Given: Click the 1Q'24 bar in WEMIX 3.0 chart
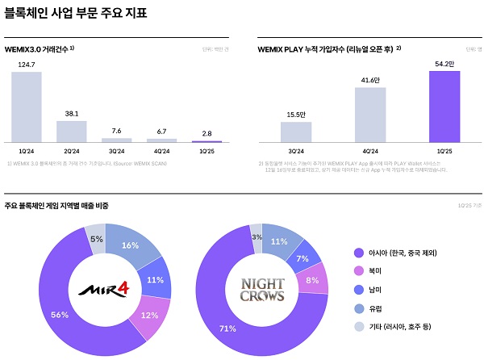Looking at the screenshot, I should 26,106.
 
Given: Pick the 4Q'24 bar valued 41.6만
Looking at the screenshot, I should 370,114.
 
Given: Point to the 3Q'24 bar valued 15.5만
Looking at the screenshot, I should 297,132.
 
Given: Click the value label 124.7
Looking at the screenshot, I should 26,64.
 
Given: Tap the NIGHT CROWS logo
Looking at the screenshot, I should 262,290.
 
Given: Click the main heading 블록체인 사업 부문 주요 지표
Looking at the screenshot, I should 77,14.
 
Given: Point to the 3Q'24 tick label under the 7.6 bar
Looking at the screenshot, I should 116,151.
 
